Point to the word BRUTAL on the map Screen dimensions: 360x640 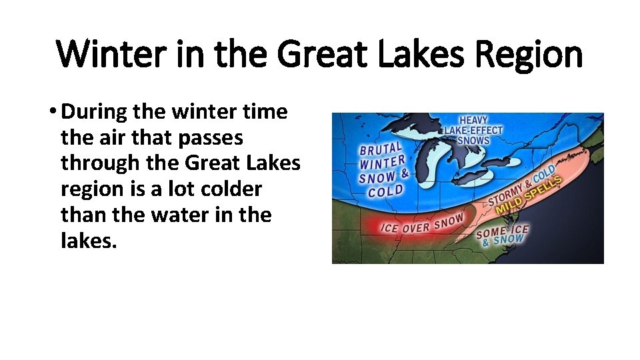pyautogui.click(x=381, y=150)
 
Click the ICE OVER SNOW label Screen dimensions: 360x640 pyautogui.click(x=421, y=224)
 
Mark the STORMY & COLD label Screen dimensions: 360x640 pyautogui.click(x=525, y=185)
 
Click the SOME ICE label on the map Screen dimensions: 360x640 pyautogui.click(x=501, y=231)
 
